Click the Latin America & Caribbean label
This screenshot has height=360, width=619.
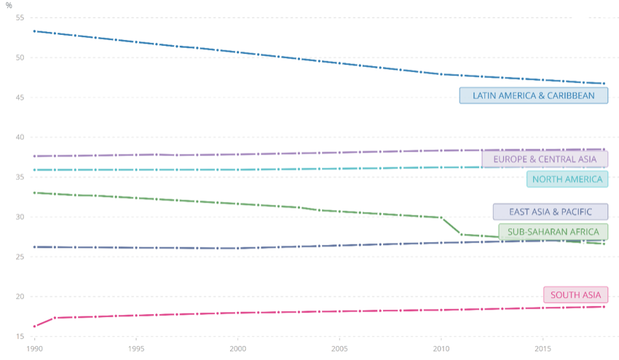(x=534, y=95)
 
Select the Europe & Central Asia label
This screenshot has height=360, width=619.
(x=545, y=159)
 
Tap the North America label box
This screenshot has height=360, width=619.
(x=567, y=179)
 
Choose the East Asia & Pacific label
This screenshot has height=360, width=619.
(x=551, y=211)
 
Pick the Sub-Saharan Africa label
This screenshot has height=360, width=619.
(x=553, y=232)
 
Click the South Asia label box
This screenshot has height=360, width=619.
(x=575, y=294)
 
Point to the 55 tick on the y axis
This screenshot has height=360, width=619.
(x=19, y=17)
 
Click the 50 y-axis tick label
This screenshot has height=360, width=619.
(x=19, y=58)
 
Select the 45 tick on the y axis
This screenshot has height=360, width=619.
(x=19, y=98)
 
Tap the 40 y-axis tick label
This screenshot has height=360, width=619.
(x=19, y=137)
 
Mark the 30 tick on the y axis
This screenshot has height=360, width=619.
(x=19, y=217)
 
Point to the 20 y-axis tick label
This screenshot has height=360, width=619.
(x=19, y=297)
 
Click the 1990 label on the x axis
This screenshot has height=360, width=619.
(x=34, y=348)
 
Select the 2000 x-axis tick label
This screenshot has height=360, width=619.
(x=237, y=348)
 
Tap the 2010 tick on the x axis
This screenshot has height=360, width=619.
(x=441, y=348)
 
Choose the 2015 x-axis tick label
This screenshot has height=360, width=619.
(x=543, y=348)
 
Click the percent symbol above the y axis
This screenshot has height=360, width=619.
(x=9, y=5)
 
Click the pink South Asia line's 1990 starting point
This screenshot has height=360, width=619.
(x=34, y=326)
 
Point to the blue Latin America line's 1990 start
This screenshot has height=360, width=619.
(x=34, y=31)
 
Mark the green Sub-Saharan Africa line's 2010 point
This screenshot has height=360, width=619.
(x=441, y=217)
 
